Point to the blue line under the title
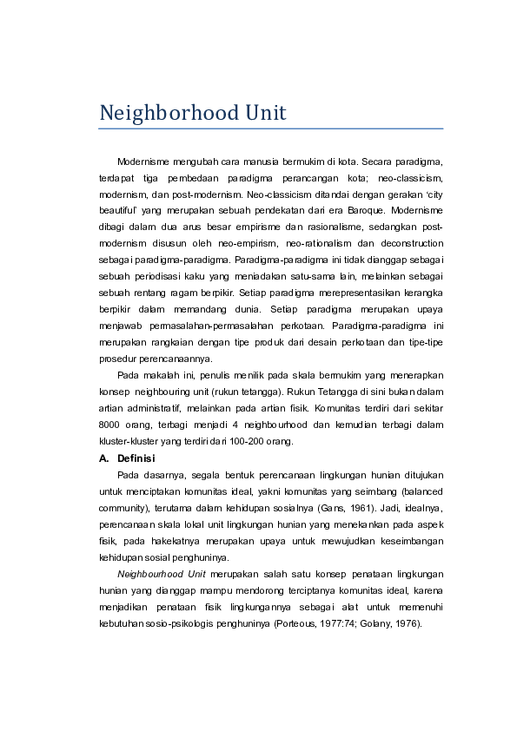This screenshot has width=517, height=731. click(271, 129)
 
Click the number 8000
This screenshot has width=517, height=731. click(110, 425)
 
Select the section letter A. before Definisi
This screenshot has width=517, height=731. click(104, 458)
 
